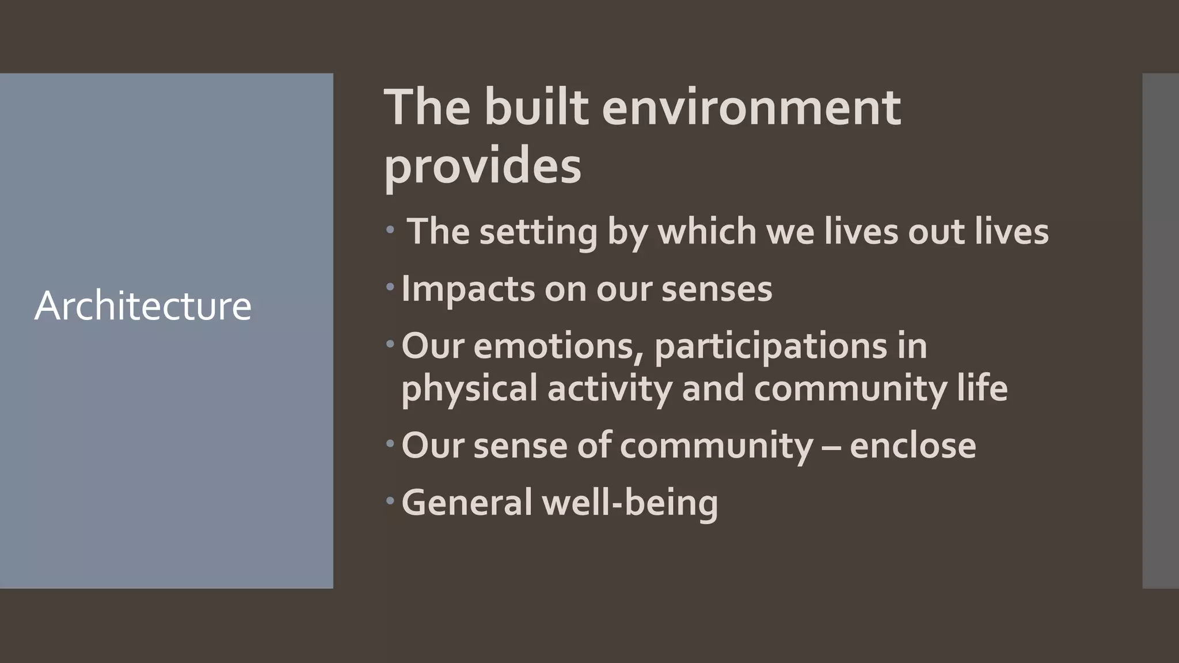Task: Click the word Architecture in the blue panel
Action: click(143, 306)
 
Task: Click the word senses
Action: click(717, 289)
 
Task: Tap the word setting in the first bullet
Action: click(538, 232)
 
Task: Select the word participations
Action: click(771, 347)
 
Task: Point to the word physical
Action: click(469, 388)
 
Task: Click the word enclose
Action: click(912, 445)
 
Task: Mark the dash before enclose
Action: click(831, 447)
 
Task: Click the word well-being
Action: click(630, 502)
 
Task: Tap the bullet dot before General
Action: click(390, 501)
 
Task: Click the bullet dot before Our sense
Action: click(390, 444)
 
